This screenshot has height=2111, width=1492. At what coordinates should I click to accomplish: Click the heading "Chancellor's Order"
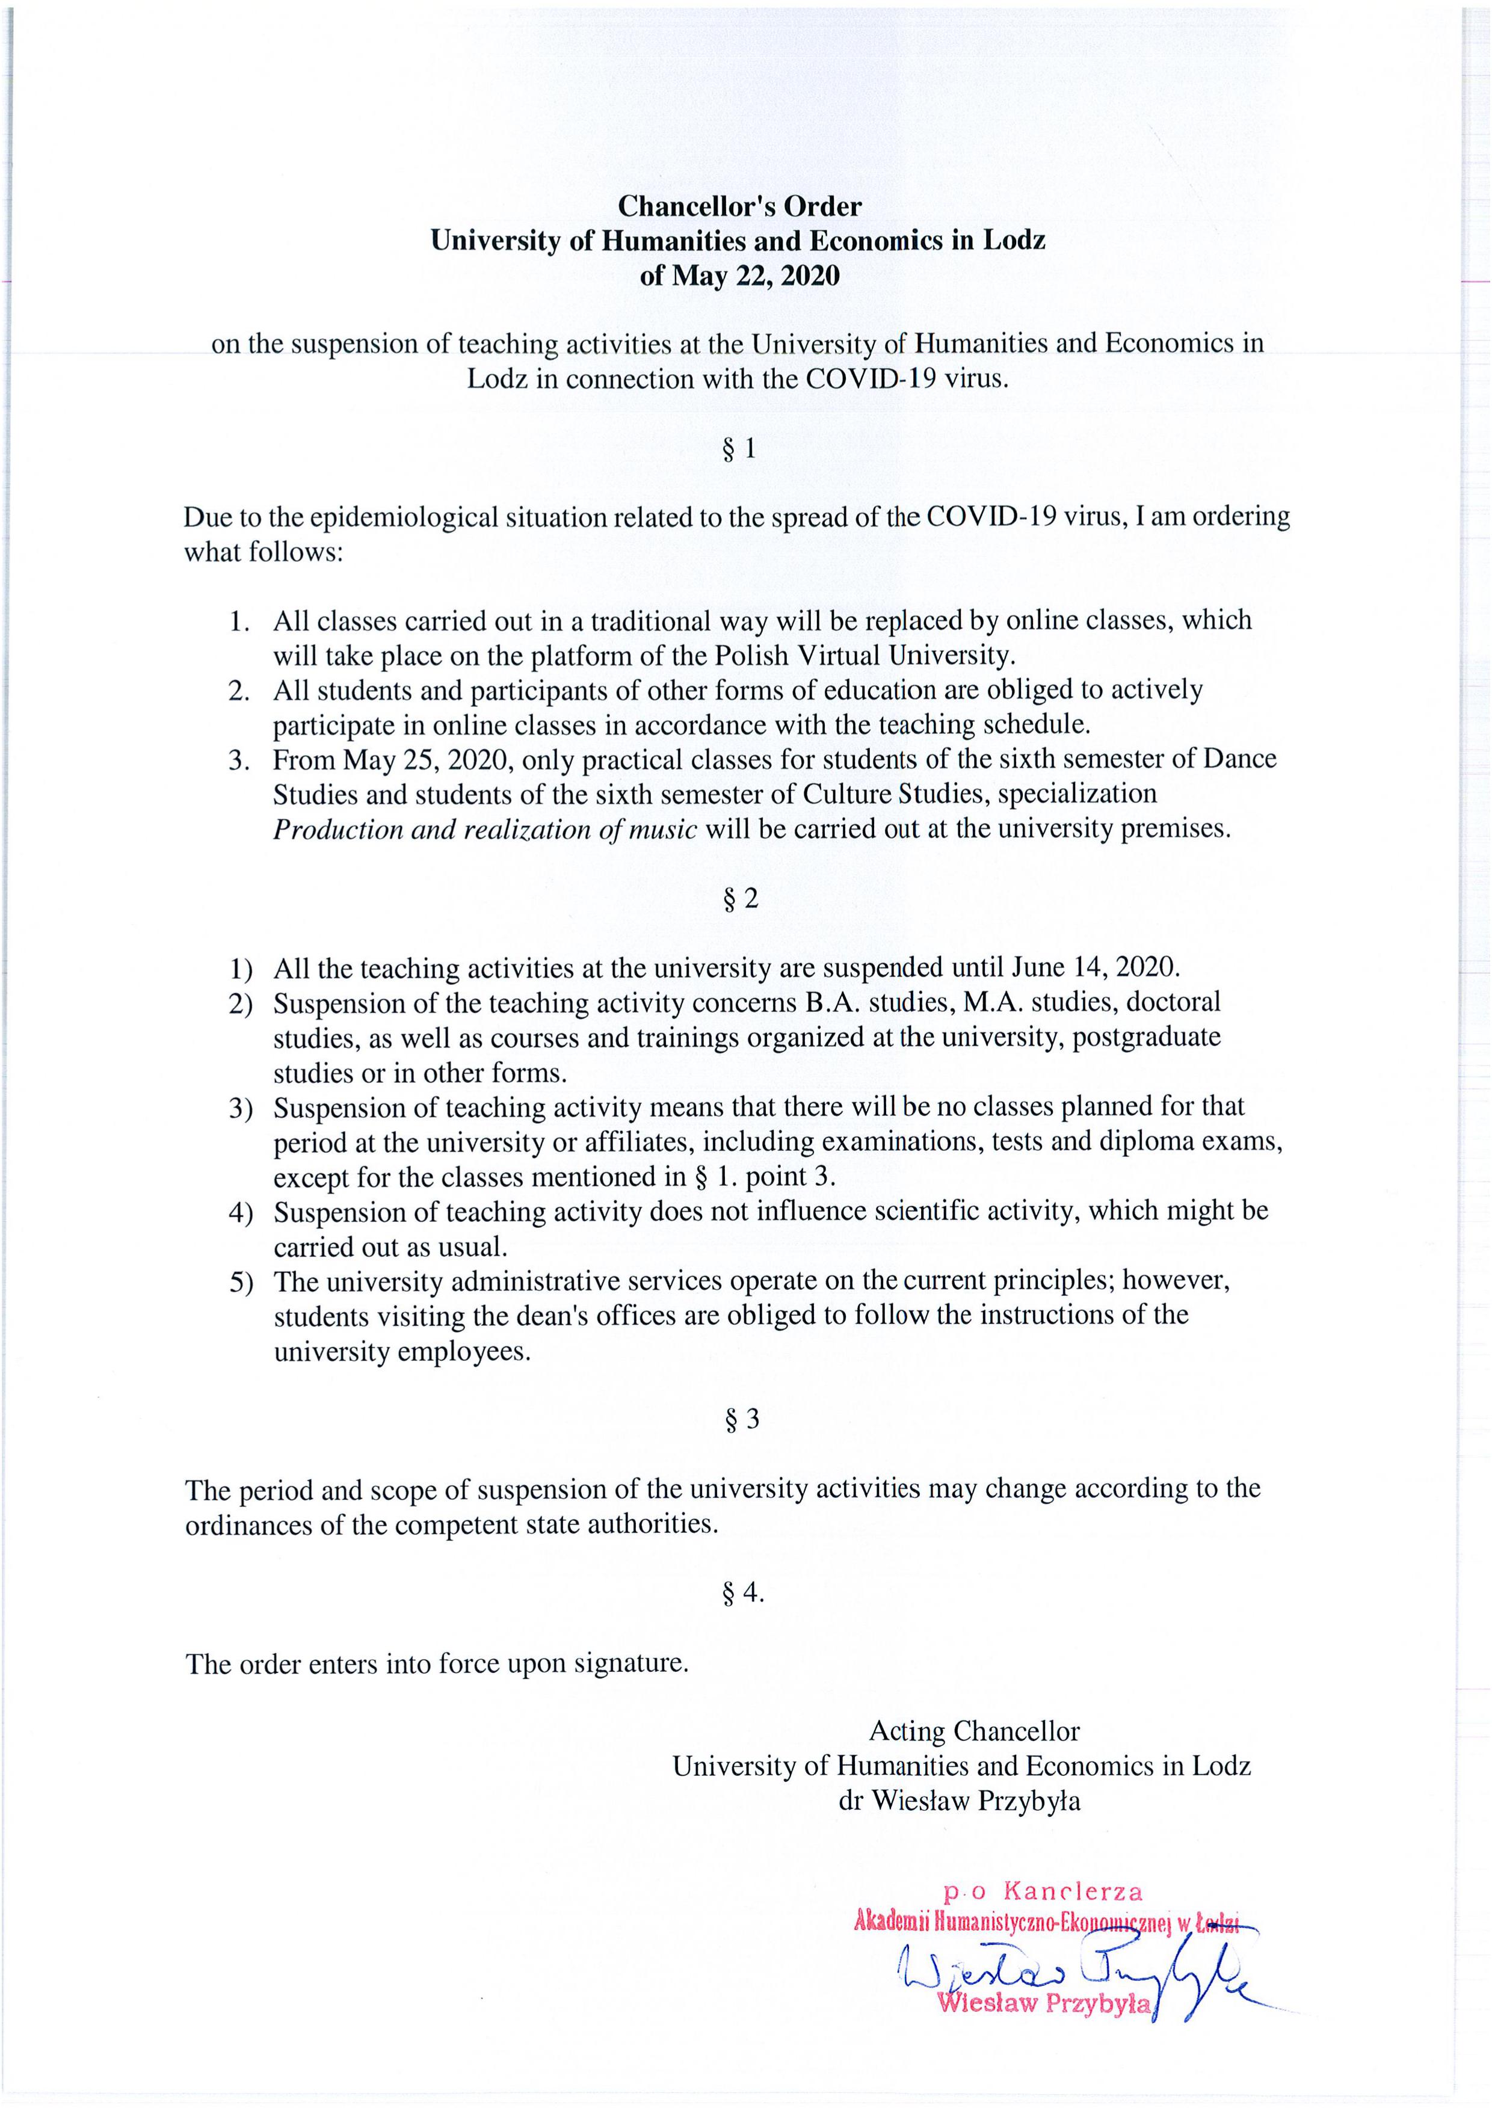pyautogui.click(x=739, y=206)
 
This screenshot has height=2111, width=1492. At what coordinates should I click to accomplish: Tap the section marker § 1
pyautogui.click(x=739, y=449)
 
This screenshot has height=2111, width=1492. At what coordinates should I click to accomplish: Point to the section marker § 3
pyautogui.click(x=742, y=1420)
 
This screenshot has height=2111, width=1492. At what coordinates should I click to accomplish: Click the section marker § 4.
pyautogui.click(x=743, y=1592)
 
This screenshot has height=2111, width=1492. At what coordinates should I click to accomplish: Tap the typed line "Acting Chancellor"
pyautogui.click(x=975, y=1731)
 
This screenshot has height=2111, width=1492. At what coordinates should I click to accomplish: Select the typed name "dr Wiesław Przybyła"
pyautogui.click(x=959, y=1801)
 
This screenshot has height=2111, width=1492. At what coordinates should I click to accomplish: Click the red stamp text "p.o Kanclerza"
pyautogui.click(x=1043, y=1892)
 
